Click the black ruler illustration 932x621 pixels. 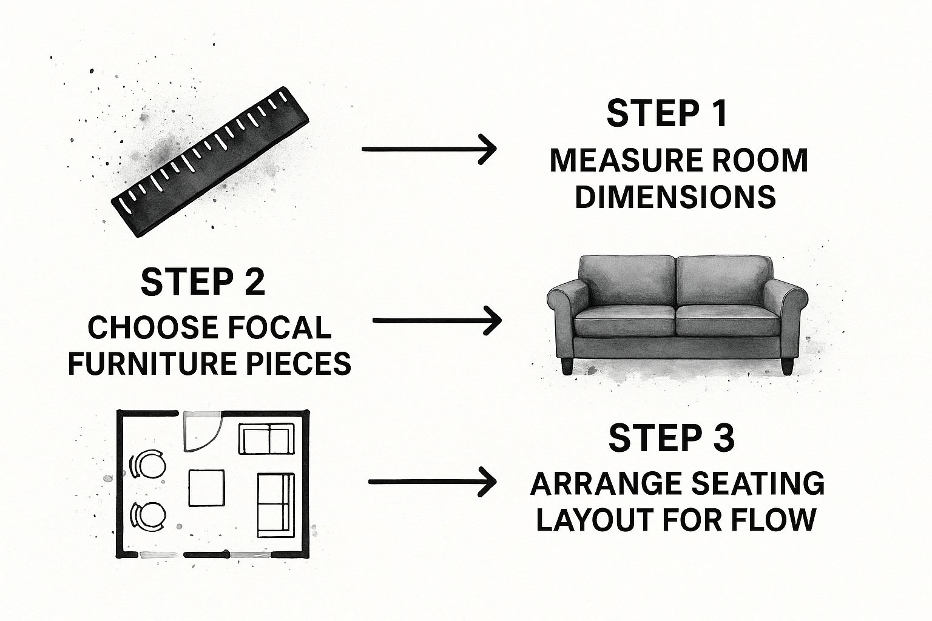click(x=210, y=162)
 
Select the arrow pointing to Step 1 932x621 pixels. click(x=429, y=149)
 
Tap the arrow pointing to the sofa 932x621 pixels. click(x=437, y=320)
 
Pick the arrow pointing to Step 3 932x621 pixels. click(x=433, y=482)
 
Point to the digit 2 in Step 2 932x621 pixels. click(x=253, y=282)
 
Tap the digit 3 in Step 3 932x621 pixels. click(x=722, y=439)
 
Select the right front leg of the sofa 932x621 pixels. click(x=787, y=366)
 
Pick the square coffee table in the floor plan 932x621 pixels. click(x=206, y=488)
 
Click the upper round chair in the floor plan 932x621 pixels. click(x=147, y=465)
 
